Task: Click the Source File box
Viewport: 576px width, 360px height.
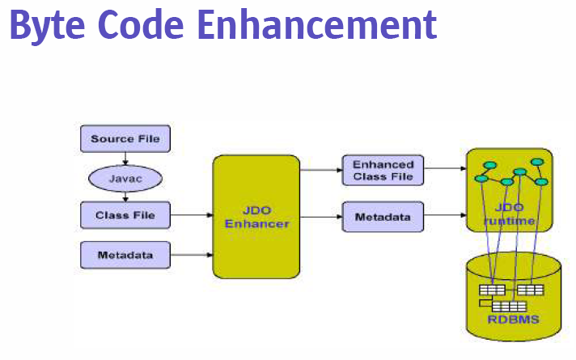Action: [x=125, y=139]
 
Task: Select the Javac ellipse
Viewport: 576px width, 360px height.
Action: [x=125, y=179]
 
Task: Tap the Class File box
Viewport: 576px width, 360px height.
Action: [x=125, y=215]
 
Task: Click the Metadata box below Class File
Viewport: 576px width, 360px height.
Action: [x=125, y=255]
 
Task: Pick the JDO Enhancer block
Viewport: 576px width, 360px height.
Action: [x=256, y=217]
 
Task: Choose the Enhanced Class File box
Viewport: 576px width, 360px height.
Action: [x=383, y=170]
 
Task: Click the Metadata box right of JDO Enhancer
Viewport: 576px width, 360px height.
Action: [x=383, y=217]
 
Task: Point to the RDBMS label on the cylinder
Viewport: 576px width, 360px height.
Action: [x=513, y=320]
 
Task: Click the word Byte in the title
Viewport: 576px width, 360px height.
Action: [x=48, y=26]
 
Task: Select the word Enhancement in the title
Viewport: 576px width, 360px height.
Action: [x=317, y=24]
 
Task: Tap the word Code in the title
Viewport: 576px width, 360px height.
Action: [x=141, y=24]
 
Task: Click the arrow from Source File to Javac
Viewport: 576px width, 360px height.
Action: [x=125, y=159]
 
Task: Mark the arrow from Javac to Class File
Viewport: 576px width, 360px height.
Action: [x=125, y=197]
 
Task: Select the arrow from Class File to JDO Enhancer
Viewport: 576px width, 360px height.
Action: [x=192, y=215]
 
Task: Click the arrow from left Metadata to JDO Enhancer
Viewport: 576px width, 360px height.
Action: [x=192, y=255]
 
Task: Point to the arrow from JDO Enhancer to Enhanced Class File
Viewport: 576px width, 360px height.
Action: [x=321, y=170]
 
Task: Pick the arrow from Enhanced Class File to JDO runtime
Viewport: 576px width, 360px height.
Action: [x=445, y=168]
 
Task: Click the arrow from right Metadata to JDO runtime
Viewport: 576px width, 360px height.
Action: [x=445, y=215]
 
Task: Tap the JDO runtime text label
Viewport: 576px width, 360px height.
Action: [x=509, y=214]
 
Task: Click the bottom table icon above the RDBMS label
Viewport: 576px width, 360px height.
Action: [x=509, y=307]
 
